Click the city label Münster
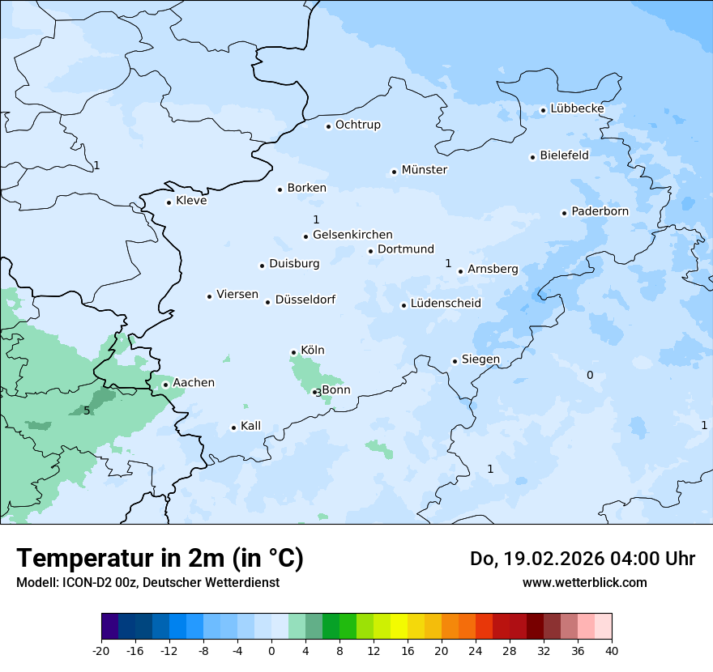424,170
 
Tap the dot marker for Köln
293,352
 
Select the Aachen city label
194,383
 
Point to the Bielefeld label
564,155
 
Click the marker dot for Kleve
169,202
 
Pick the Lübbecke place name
577,108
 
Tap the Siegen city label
480,359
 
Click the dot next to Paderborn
564,213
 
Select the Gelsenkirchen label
352,235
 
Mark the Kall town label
250,426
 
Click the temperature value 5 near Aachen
87,410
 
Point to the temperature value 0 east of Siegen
590,375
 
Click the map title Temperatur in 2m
160,558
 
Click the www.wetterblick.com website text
584,582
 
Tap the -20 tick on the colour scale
101,651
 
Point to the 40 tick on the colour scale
612,651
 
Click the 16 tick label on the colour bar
408,651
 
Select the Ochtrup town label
357,125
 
